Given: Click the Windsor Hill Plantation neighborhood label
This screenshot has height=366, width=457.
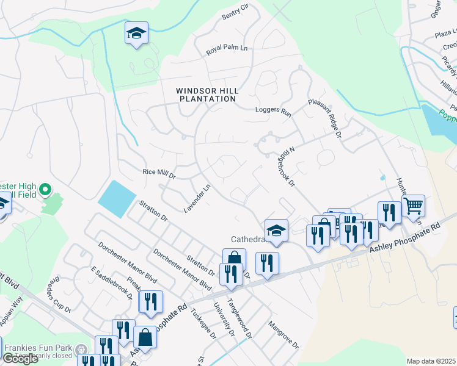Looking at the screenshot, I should (x=207, y=95).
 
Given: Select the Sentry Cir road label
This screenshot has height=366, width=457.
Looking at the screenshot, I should (x=236, y=10).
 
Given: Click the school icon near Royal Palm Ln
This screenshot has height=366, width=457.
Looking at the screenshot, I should (x=137, y=33).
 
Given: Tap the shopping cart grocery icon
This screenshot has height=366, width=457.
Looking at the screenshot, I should (x=414, y=206).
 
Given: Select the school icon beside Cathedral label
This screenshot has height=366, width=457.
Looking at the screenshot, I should (x=277, y=231).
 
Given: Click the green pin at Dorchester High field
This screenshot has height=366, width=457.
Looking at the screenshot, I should (x=45, y=191).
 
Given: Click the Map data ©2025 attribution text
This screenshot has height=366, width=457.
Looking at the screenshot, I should (x=431, y=361).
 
